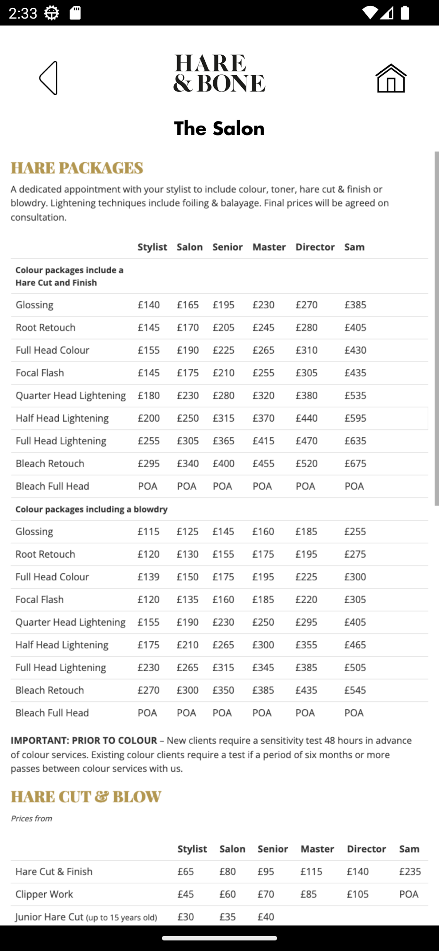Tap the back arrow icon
pyautogui.click(x=49, y=78)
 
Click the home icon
pyautogui.click(x=391, y=78)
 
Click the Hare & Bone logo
pyautogui.click(x=219, y=73)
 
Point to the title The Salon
pyautogui.click(x=219, y=129)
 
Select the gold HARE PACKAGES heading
pyautogui.click(x=77, y=168)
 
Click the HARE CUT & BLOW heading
pyautogui.click(x=86, y=796)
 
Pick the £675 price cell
pyautogui.click(x=355, y=463)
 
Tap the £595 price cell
pyautogui.click(x=355, y=418)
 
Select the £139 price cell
pyautogui.click(x=148, y=577)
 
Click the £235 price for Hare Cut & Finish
pyautogui.click(x=410, y=872)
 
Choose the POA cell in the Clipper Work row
pyautogui.click(x=409, y=894)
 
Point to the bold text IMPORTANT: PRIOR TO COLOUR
pyautogui.click(x=84, y=740)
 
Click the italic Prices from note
pyautogui.click(x=31, y=818)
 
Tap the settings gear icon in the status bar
pyautogui.click(x=51, y=13)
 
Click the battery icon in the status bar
pyautogui.click(x=405, y=13)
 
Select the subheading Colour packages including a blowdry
pyautogui.click(x=91, y=509)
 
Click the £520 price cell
pyautogui.click(x=306, y=463)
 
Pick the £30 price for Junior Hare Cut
pyautogui.click(x=185, y=917)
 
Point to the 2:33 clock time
pyautogui.click(x=23, y=13)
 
